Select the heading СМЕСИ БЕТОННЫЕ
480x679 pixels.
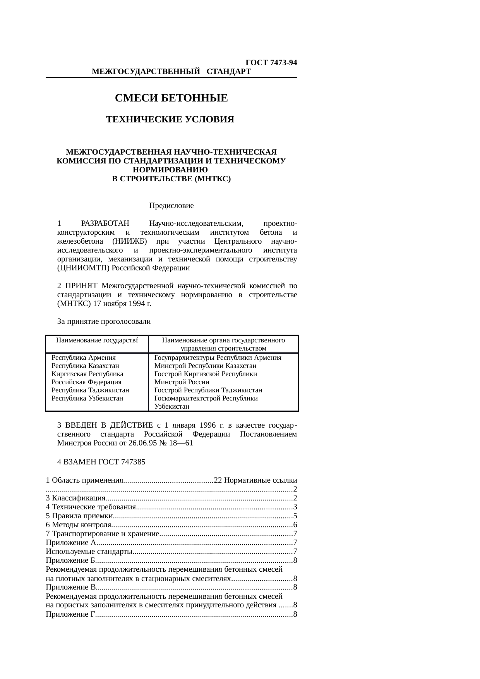coord(171,98)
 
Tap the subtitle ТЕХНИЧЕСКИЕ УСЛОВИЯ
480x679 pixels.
coord(170,119)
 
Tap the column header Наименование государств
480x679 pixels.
coord(97,340)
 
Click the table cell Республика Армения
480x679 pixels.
coord(84,358)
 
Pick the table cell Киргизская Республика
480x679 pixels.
coord(87,374)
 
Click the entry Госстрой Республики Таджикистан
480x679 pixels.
coord(208,390)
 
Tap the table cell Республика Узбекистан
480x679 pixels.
coord(87,398)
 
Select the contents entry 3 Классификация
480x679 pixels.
coord(76,498)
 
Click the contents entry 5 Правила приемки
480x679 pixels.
coord(79,516)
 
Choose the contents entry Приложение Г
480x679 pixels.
coord(70,614)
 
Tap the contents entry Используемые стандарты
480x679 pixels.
coord(90,552)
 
